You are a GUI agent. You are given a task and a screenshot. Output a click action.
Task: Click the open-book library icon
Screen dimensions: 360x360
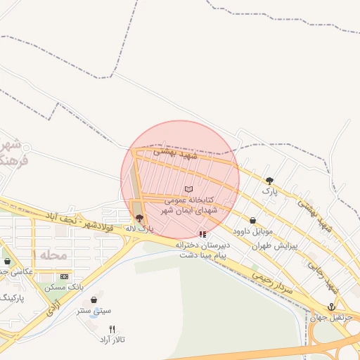[188, 189]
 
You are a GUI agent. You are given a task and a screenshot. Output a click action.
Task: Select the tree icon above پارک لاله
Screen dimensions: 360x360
[139, 218]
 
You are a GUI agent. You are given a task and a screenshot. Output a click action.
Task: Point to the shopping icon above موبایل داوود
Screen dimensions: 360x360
[252, 221]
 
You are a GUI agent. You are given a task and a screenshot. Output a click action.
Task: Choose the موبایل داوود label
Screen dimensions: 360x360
[252, 231]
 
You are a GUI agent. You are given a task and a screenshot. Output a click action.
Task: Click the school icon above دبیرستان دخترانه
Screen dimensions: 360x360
[202, 234]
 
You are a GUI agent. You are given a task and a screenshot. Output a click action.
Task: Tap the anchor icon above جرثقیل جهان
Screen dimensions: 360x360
[314, 306]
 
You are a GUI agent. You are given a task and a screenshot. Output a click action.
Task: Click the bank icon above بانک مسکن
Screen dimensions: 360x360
[65, 276]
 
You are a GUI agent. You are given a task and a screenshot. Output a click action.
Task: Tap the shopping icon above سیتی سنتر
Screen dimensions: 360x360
[94, 300]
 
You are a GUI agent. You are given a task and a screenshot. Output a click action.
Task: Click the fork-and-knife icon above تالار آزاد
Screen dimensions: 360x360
[112, 328]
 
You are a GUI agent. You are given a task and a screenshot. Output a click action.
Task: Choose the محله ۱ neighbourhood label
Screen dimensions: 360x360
[53, 254]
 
